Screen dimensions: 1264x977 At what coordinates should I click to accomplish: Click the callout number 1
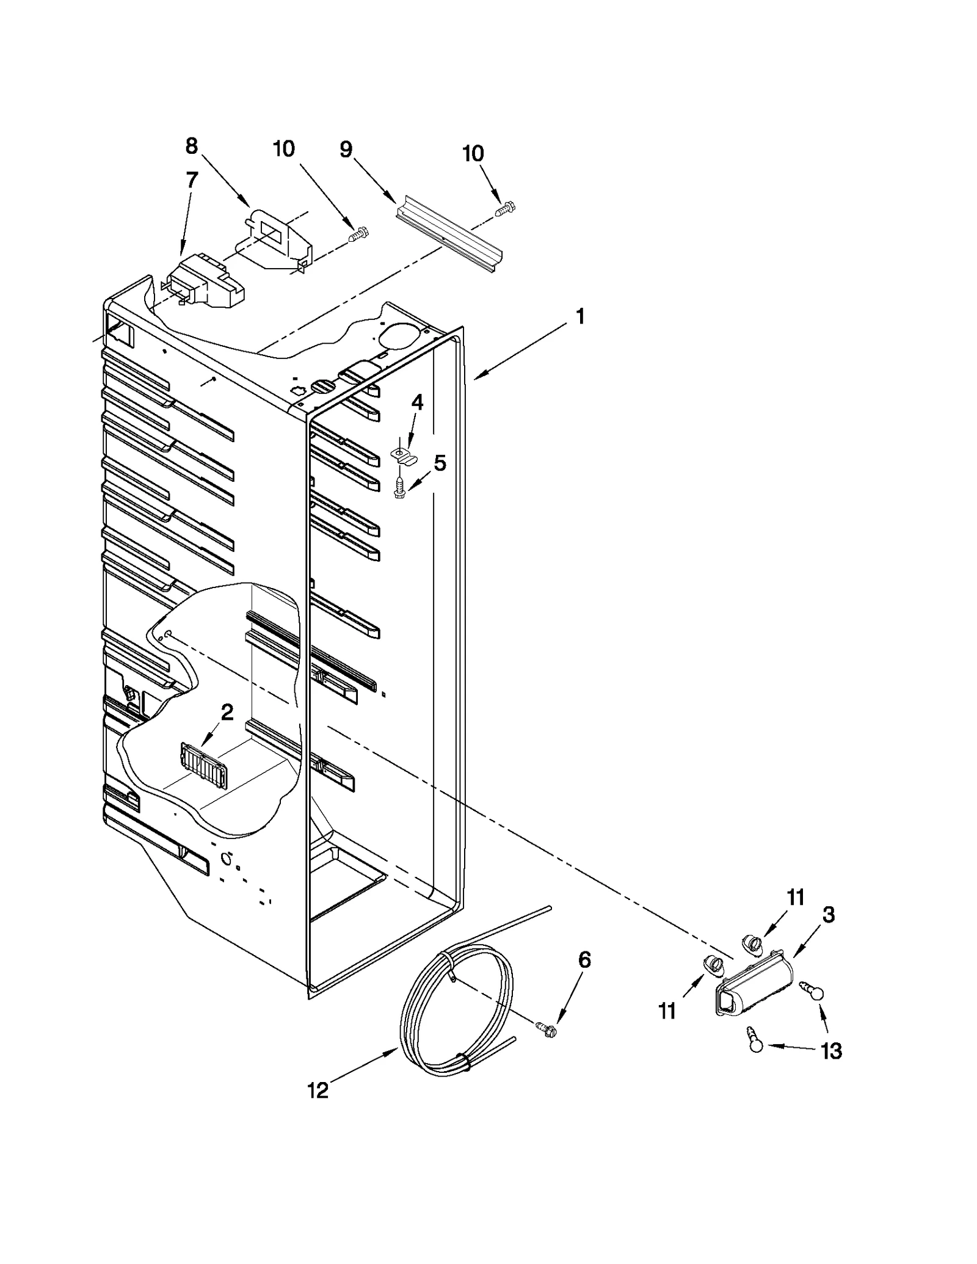point(579,316)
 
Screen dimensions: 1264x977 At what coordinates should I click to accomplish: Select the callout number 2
point(227,712)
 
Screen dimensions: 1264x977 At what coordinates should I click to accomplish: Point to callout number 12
point(318,1091)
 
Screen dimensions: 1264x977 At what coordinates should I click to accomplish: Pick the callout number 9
point(346,150)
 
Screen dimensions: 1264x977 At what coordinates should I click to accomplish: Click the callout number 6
point(584,961)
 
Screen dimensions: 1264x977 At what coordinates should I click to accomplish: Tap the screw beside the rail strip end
point(506,209)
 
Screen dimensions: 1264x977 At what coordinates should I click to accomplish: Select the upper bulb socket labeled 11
point(752,945)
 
